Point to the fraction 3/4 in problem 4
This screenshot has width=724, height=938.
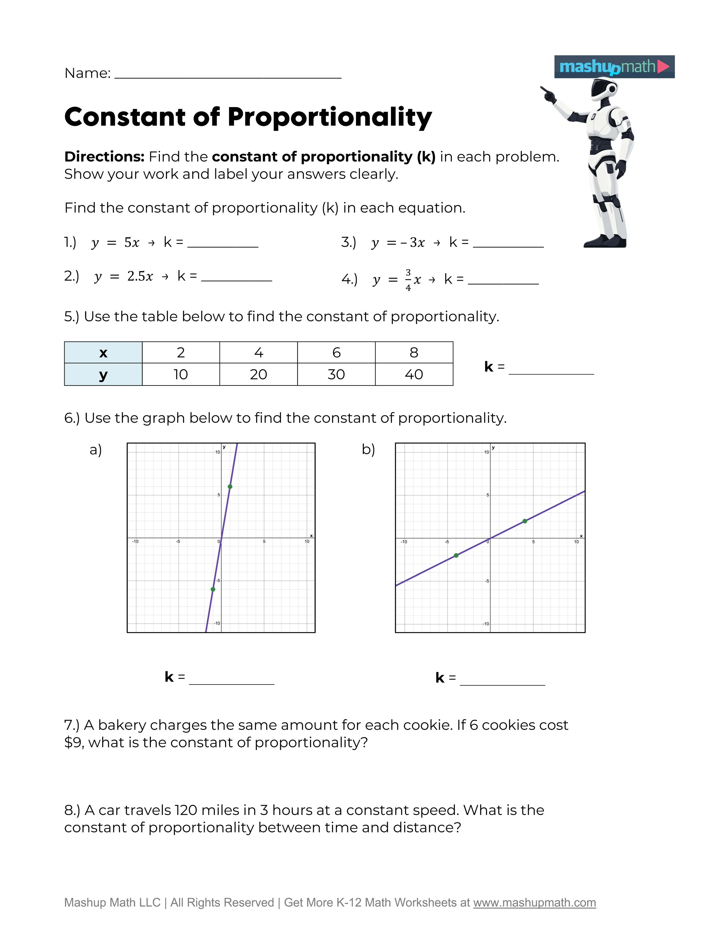tap(408, 280)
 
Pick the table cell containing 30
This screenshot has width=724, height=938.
tap(336, 375)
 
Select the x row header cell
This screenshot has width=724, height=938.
tap(103, 353)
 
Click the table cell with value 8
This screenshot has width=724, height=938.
tap(414, 353)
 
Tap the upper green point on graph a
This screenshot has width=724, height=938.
tap(230, 487)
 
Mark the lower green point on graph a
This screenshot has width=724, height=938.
tap(213, 589)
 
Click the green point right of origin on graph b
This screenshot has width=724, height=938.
tap(525, 521)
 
